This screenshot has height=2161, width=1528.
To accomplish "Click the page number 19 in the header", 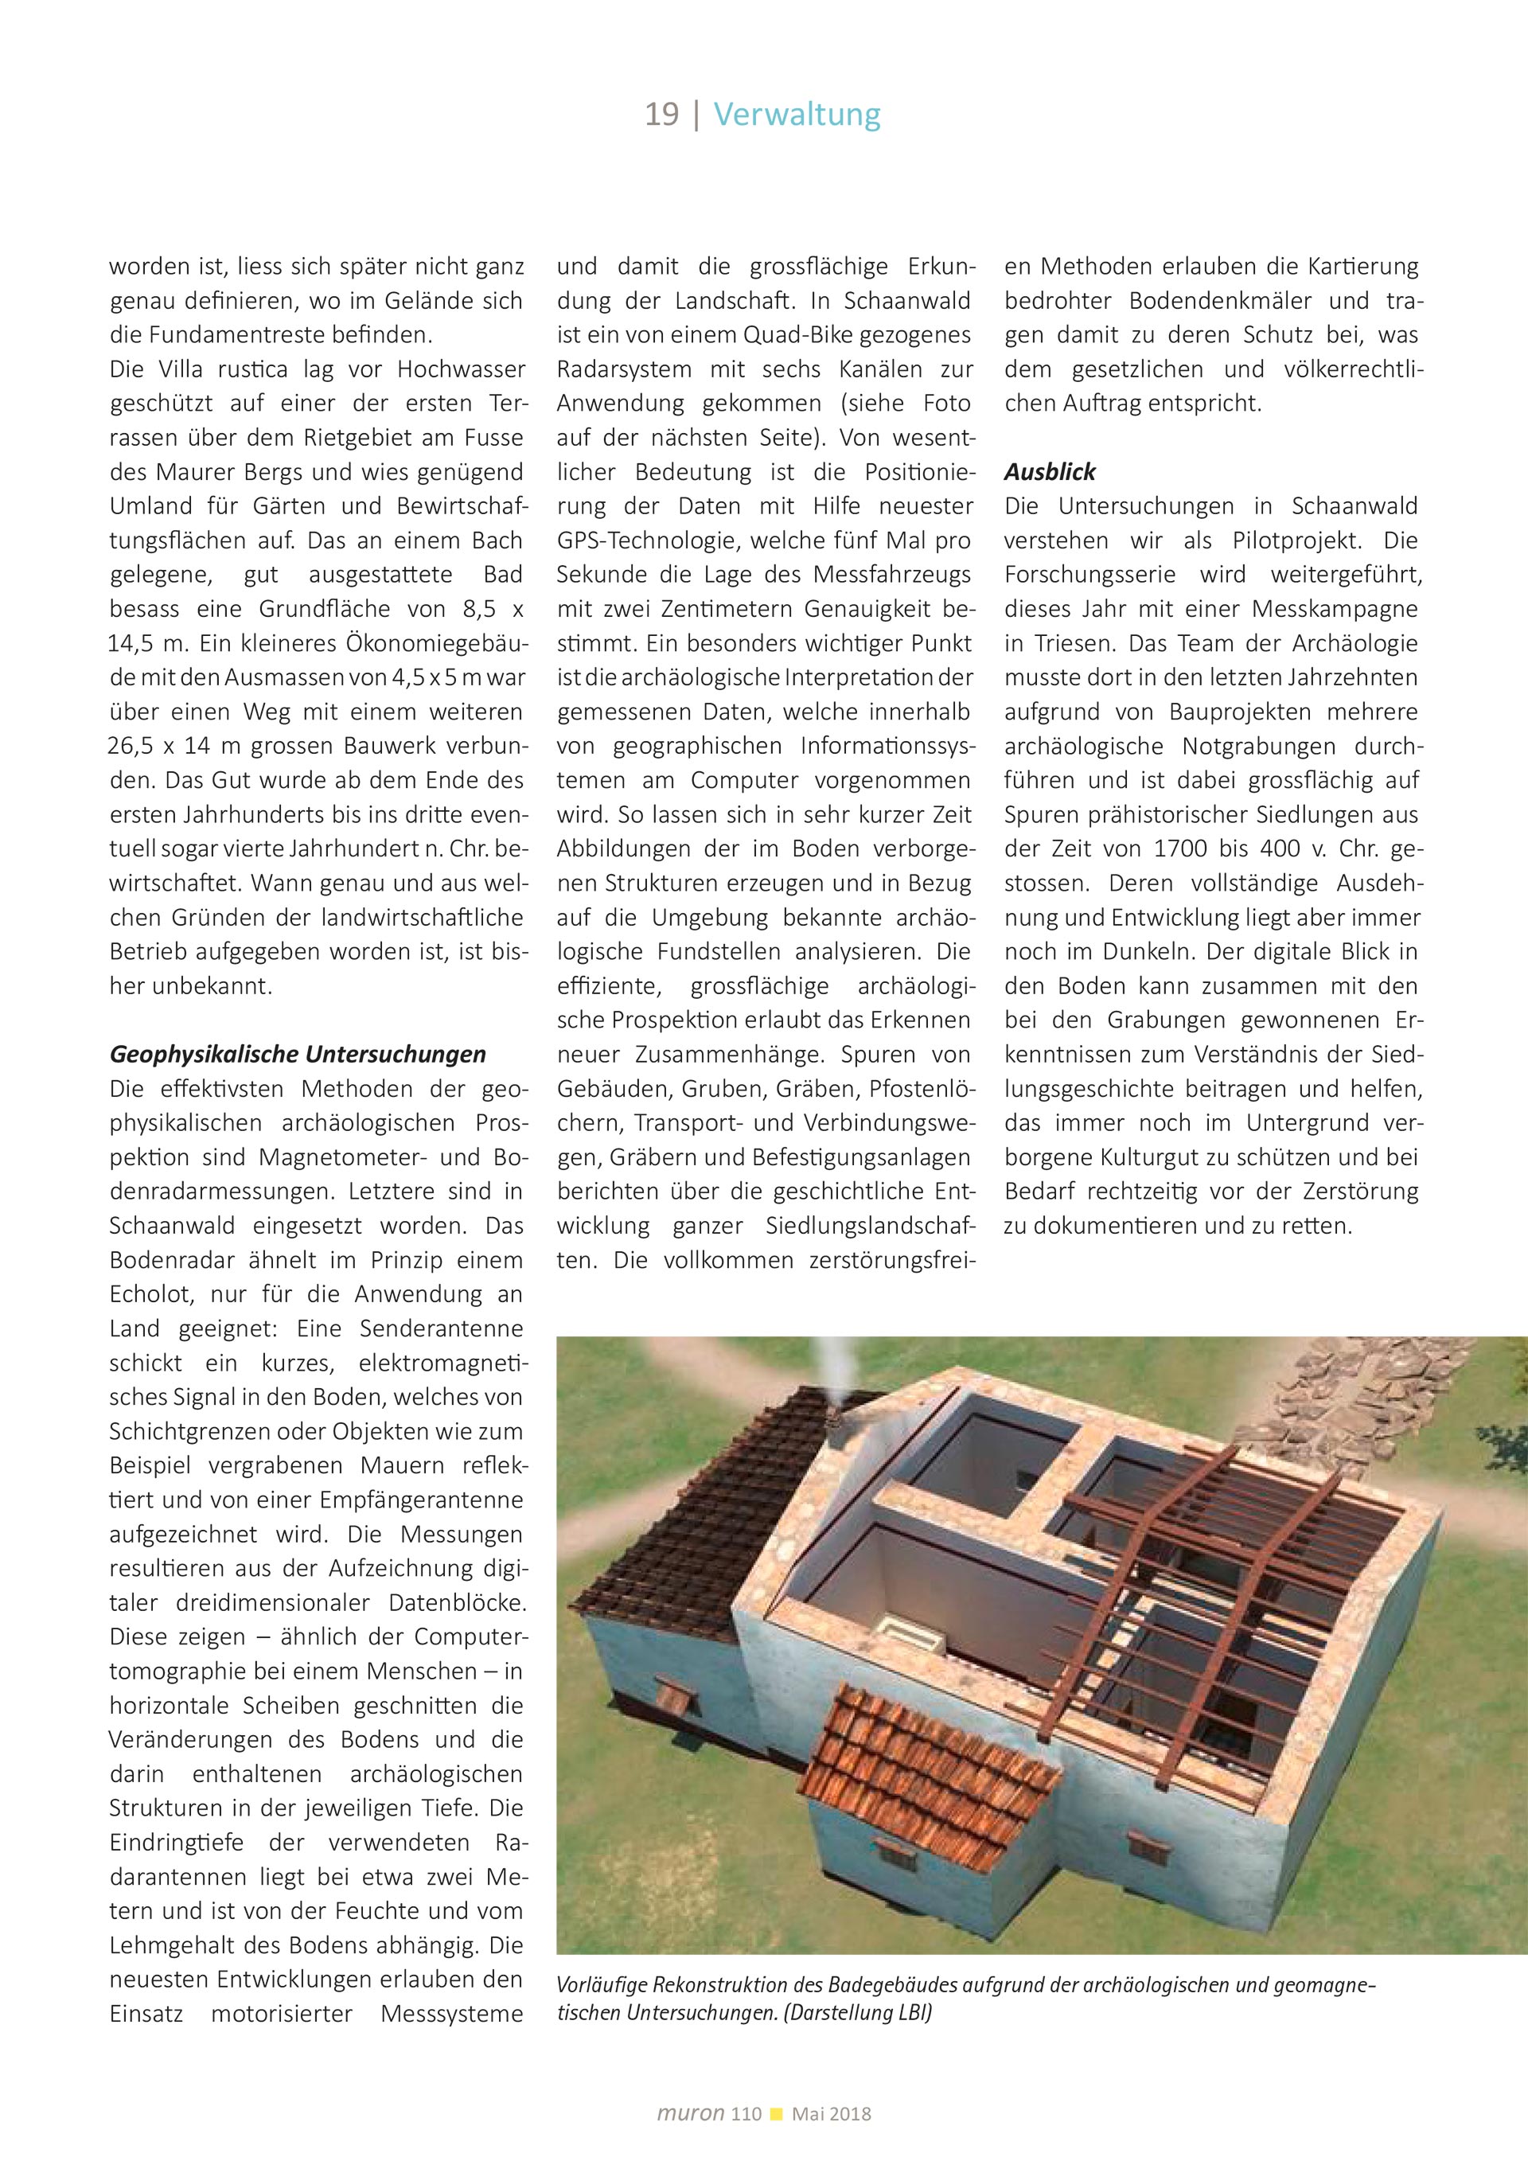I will [661, 115].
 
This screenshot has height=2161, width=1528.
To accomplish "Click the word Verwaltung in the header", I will [797, 115].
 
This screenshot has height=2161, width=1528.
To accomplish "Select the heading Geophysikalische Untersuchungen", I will [298, 1054].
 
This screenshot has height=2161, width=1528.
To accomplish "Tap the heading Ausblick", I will [1049, 471].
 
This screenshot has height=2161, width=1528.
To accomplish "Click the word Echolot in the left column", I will [151, 1294].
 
